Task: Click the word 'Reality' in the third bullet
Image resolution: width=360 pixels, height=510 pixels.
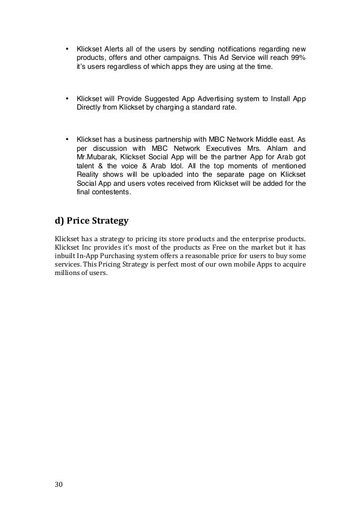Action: (88, 174)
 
